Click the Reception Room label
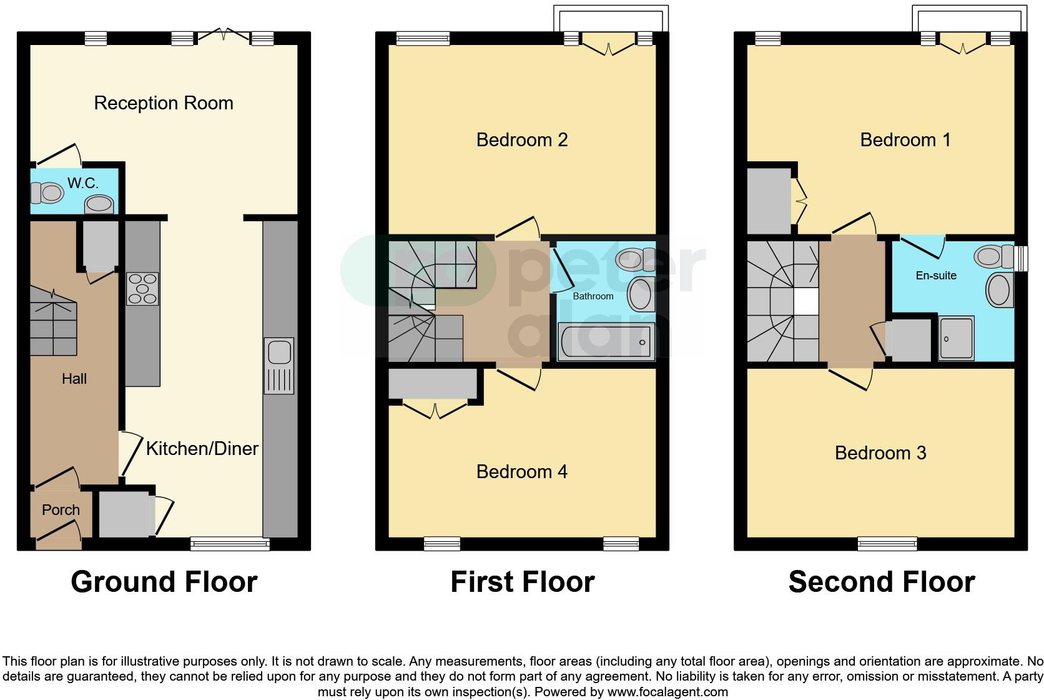(x=164, y=103)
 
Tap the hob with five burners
(x=142, y=289)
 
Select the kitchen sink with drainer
(x=279, y=366)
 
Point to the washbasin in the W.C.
(x=99, y=204)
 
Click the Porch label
(x=61, y=510)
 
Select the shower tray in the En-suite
(x=956, y=338)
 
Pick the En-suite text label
(x=936, y=275)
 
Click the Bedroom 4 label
(x=521, y=471)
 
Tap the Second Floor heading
(x=881, y=582)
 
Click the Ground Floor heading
(x=164, y=582)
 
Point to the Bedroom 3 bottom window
(x=887, y=544)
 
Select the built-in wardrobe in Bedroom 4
(x=432, y=384)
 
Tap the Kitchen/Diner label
(x=202, y=449)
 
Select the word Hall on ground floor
(x=74, y=379)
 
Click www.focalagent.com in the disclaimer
(x=667, y=692)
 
